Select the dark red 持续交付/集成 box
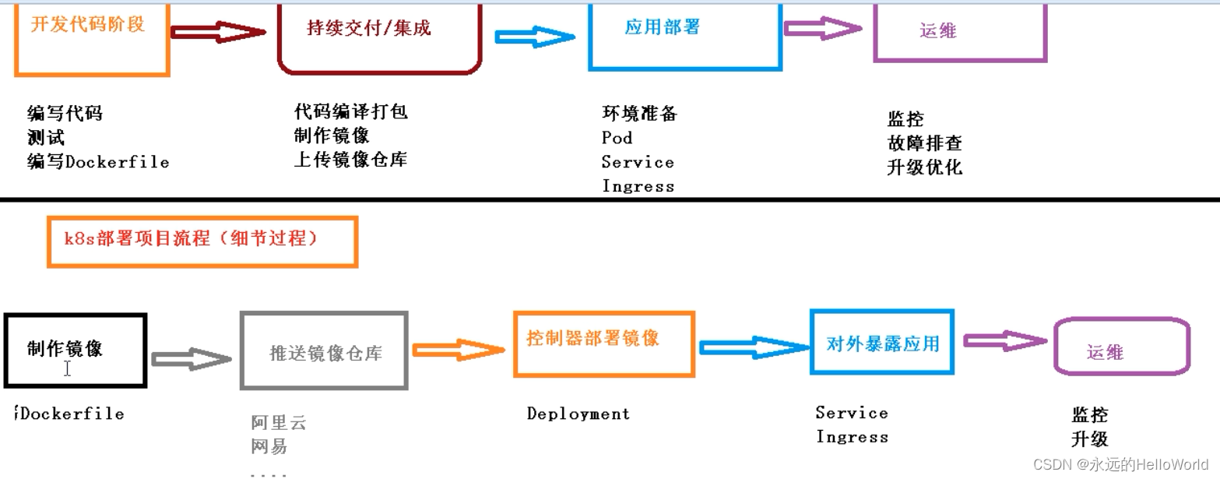coord(379,37)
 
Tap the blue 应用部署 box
coord(685,36)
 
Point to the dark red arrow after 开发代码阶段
coord(218,32)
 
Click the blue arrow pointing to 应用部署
coord(536,36)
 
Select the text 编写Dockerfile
coord(98,162)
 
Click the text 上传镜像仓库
coord(350,160)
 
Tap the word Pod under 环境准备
coord(617,138)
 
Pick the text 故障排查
coord(924,143)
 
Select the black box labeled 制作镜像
coord(75,350)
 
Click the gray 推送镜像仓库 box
coord(324,350)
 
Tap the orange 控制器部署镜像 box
coord(603,343)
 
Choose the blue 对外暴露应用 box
coord(882,343)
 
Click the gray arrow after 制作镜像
coord(192,359)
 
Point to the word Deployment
coord(578,414)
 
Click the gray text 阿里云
coord(279,423)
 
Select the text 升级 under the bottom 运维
coord(1089,438)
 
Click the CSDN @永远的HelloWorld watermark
coord(1120,464)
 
